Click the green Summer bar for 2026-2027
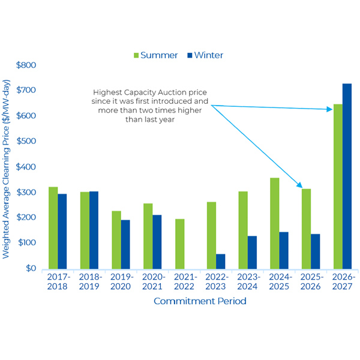(338, 186)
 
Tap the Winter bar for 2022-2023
(221, 261)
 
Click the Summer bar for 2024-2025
(274, 223)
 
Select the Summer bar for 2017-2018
(53, 227)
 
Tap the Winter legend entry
(204, 55)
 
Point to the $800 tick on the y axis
(26, 65)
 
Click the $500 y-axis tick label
(26, 141)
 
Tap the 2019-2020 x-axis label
(121, 282)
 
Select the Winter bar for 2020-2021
(157, 241)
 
